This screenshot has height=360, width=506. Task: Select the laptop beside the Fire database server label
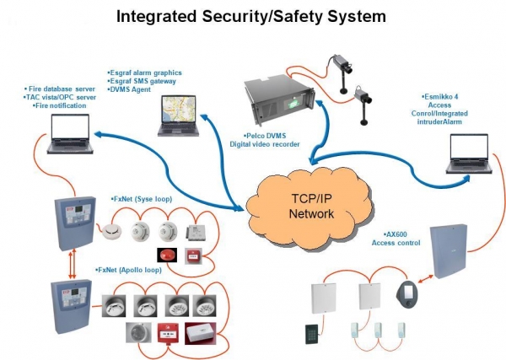[x=69, y=133]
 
